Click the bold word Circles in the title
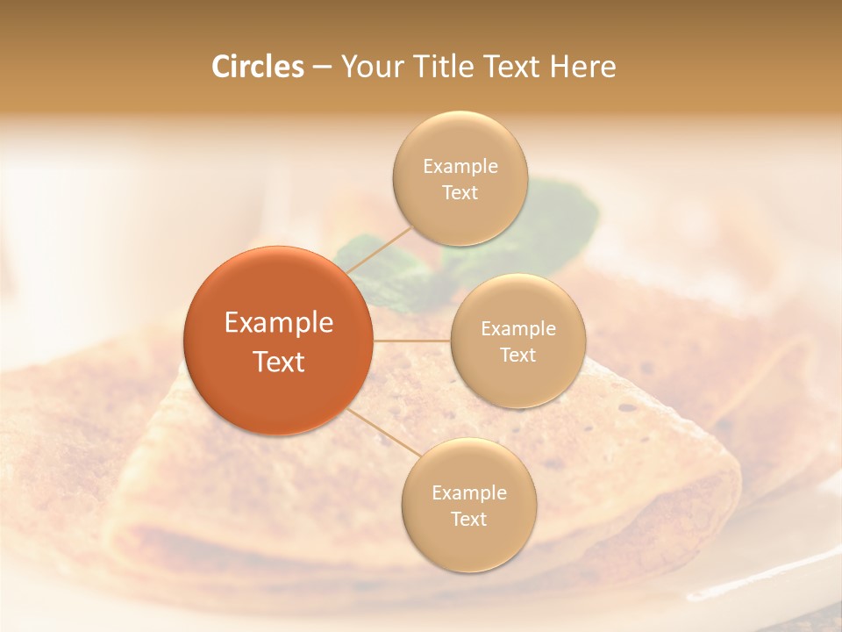pos(258,67)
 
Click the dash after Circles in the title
pos(322,68)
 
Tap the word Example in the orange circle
pos(279,323)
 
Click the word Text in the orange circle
pos(279,362)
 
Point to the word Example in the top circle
pos(460,167)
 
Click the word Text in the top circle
pos(460,193)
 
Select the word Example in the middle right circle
pos(518,329)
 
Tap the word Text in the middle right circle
pos(518,355)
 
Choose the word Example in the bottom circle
pos(469,493)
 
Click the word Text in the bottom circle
pos(469,520)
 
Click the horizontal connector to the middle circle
pos(411,341)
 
